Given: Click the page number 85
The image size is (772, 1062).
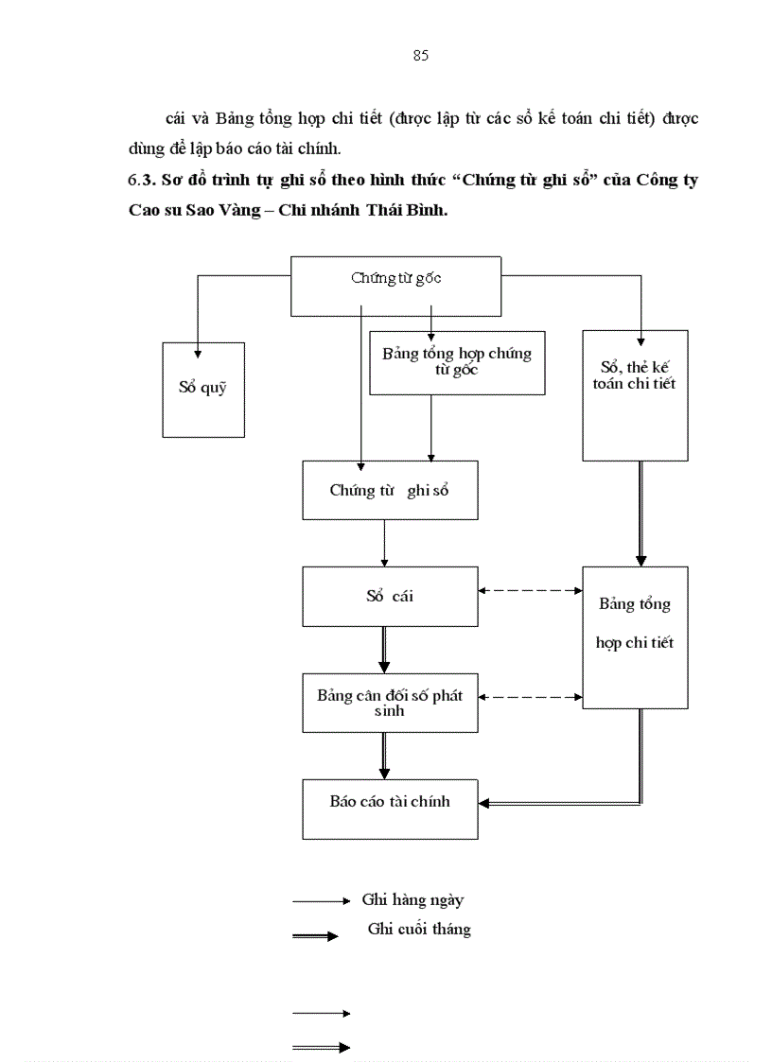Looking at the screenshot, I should (x=421, y=56).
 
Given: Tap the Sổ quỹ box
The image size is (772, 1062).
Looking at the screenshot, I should (x=202, y=389).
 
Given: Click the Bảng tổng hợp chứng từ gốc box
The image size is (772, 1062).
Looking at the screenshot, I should (x=457, y=362).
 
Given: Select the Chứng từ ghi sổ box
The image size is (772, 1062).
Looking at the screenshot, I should (x=389, y=490).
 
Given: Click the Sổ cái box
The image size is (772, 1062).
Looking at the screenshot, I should (x=390, y=596).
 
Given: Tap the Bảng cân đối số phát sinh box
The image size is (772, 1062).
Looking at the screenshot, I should (x=390, y=703).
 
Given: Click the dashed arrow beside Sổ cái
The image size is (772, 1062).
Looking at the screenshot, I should (x=530, y=590).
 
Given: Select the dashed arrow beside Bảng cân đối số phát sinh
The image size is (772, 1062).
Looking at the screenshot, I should (x=530, y=697).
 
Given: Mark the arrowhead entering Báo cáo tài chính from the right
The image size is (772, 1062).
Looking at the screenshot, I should (x=484, y=803).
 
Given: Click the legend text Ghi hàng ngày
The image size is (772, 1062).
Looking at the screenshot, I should (x=412, y=900).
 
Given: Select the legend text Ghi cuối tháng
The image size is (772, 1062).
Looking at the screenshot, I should (x=419, y=929).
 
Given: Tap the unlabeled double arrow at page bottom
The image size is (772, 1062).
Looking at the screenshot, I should (x=321, y=1047).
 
